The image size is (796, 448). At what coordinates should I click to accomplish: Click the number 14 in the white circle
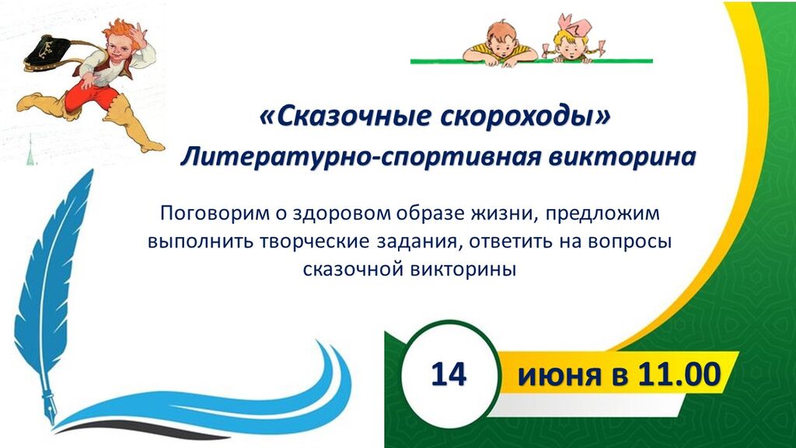449,374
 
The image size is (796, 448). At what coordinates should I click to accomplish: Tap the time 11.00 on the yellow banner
679,374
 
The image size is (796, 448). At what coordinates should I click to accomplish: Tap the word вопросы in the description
630,242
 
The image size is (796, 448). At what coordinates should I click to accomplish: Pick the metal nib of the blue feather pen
47,402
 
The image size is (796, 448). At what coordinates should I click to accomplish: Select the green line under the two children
532,61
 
